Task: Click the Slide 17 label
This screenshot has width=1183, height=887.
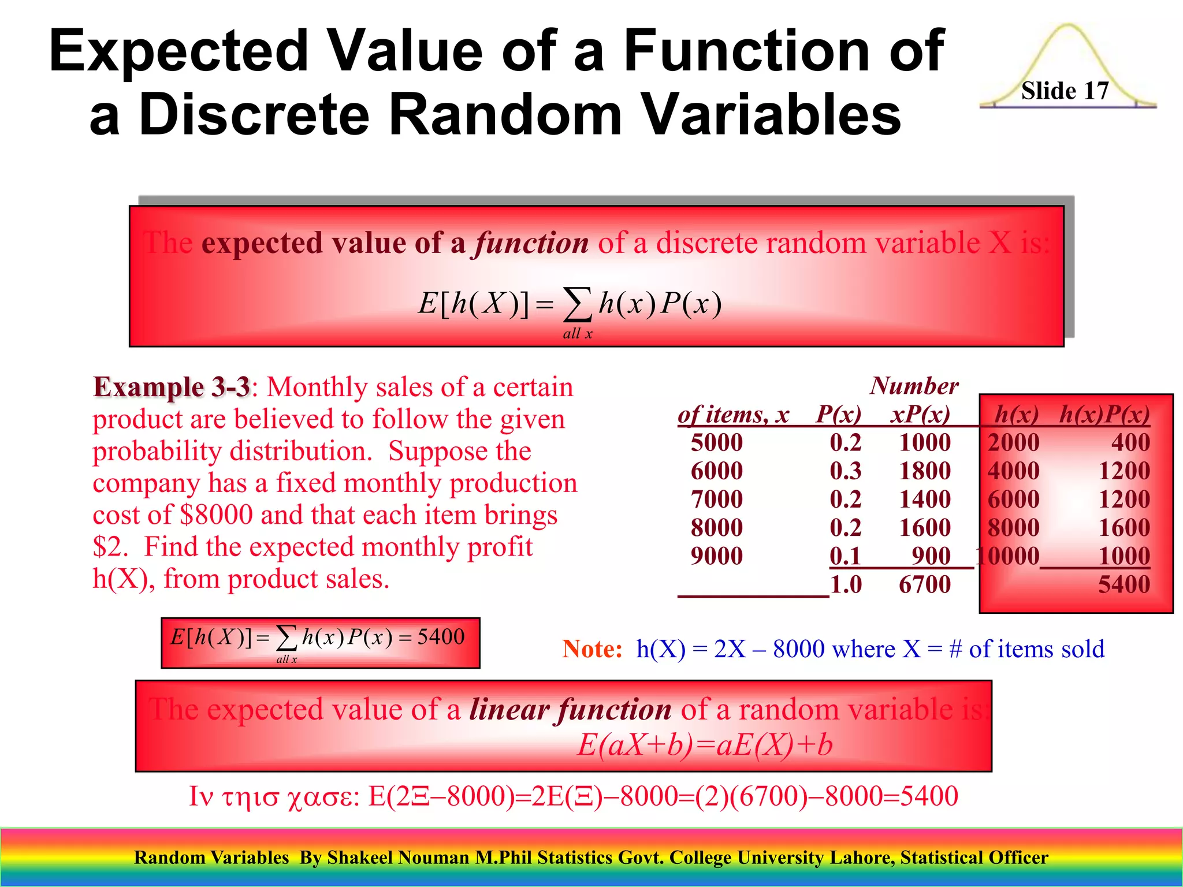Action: click(1065, 91)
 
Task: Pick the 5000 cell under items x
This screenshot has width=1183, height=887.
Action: click(716, 442)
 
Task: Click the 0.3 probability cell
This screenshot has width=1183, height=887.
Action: click(845, 471)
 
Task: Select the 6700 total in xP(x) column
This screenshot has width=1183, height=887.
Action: click(924, 584)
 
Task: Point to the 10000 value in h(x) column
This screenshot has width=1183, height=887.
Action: click(1008, 556)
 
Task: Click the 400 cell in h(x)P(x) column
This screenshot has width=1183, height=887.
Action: click(1130, 442)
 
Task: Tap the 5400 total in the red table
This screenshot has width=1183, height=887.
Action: click(1124, 584)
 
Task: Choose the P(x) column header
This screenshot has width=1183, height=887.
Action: click(838, 414)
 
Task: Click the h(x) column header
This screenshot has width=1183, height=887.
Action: click(1016, 414)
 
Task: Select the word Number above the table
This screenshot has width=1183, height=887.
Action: click(914, 386)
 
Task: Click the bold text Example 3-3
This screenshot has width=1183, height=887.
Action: click(172, 387)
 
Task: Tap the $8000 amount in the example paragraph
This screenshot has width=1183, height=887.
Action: click(216, 515)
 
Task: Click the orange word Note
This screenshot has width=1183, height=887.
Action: click(592, 649)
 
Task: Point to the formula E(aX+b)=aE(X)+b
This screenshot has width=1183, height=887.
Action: click(705, 744)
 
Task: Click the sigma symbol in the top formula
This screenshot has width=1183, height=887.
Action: click(578, 304)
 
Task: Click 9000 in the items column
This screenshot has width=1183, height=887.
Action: click(716, 556)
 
